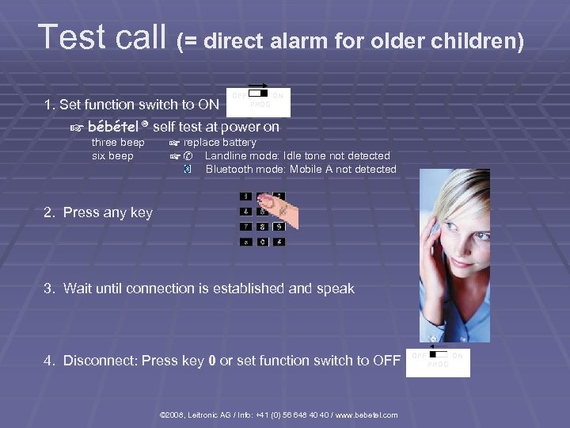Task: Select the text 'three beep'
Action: click(118, 143)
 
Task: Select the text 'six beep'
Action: click(112, 156)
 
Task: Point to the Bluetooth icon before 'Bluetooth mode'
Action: click(187, 169)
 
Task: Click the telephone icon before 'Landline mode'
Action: click(188, 156)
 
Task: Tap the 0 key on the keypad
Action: click(264, 241)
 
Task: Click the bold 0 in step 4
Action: click(211, 361)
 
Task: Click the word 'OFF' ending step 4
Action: click(386, 361)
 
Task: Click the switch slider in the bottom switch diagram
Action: click(439, 355)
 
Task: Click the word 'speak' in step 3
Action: click(336, 289)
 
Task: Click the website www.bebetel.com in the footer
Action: click(368, 415)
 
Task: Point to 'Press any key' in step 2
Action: click(108, 212)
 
